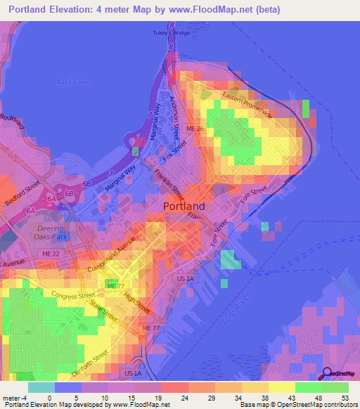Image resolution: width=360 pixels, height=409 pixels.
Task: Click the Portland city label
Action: click(x=184, y=207)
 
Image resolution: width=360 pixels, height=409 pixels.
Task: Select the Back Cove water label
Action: click(x=73, y=82)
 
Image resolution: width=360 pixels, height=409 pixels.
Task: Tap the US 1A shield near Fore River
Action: click(x=185, y=279)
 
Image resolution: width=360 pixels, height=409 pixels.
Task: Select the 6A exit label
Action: click(x=30, y=210)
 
